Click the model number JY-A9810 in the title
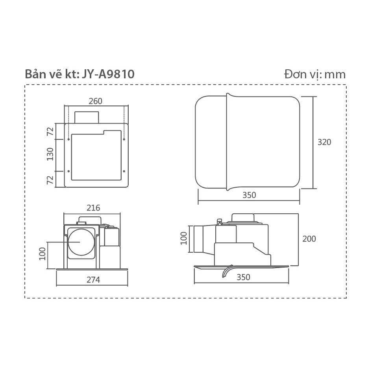point(108,74)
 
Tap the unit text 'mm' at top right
point(335,75)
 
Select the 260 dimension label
point(96,101)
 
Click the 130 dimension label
point(50,154)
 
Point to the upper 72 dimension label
point(50,131)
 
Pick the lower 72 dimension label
point(50,180)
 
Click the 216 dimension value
point(93,208)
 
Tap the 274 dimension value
point(93,280)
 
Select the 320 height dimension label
point(324,142)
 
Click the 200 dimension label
point(309,239)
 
